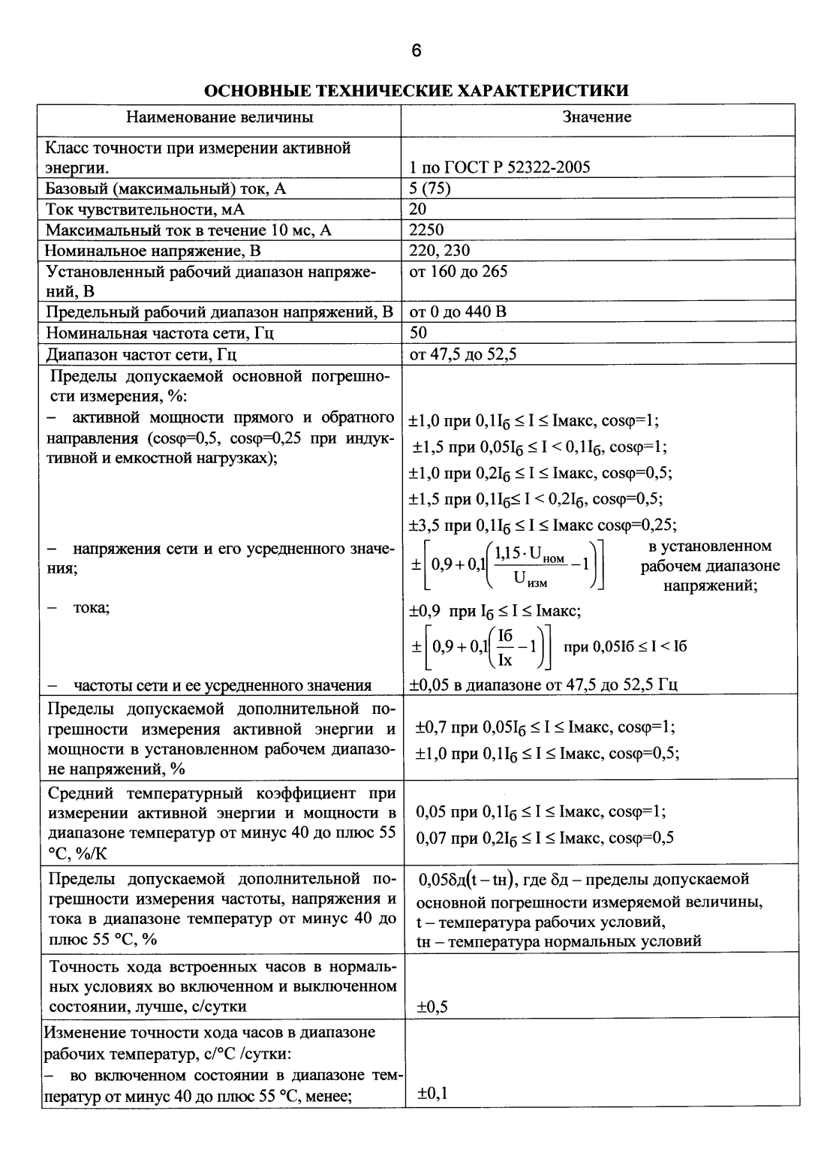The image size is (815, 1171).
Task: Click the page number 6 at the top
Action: pyautogui.click(x=417, y=50)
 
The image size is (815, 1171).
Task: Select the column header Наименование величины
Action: pyautogui.click(x=220, y=117)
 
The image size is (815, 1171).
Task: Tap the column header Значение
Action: pyautogui.click(x=597, y=117)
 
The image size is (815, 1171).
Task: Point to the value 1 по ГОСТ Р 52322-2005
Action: pyautogui.click(x=500, y=167)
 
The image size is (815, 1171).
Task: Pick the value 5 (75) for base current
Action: pyautogui.click(x=430, y=188)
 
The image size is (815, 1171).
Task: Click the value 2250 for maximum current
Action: pyautogui.click(x=426, y=230)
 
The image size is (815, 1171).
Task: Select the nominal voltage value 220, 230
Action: pyautogui.click(x=440, y=250)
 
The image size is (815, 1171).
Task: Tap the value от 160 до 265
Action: pyautogui.click(x=459, y=271)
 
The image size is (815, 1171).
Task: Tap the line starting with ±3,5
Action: pyautogui.click(x=543, y=525)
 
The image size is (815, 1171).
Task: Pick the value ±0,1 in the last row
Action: pyautogui.click(x=432, y=1094)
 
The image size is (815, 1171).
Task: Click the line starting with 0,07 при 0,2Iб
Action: pyautogui.click(x=545, y=838)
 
